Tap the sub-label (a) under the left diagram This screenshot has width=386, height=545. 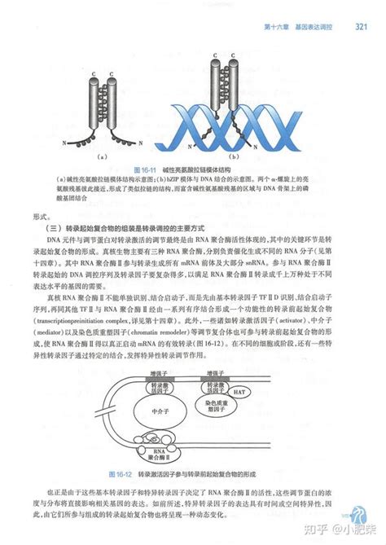click(x=103, y=155)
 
